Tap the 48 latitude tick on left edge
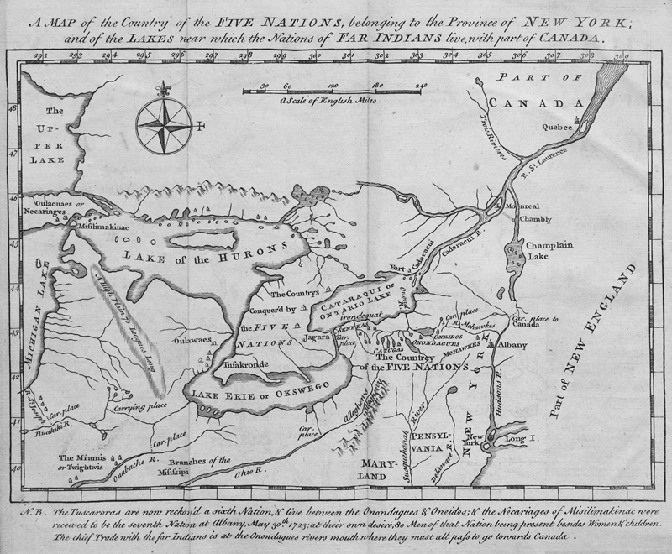[12, 107]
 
